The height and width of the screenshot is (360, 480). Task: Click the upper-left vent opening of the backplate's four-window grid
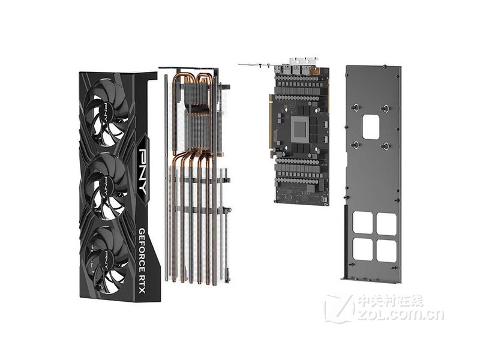[362, 223]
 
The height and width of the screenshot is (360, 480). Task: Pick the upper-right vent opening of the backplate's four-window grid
[386, 223]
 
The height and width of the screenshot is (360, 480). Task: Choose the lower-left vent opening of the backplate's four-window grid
[362, 249]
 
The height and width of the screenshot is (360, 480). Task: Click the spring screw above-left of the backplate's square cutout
[355, 108]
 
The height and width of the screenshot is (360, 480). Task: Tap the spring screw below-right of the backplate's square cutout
[385, 146]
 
